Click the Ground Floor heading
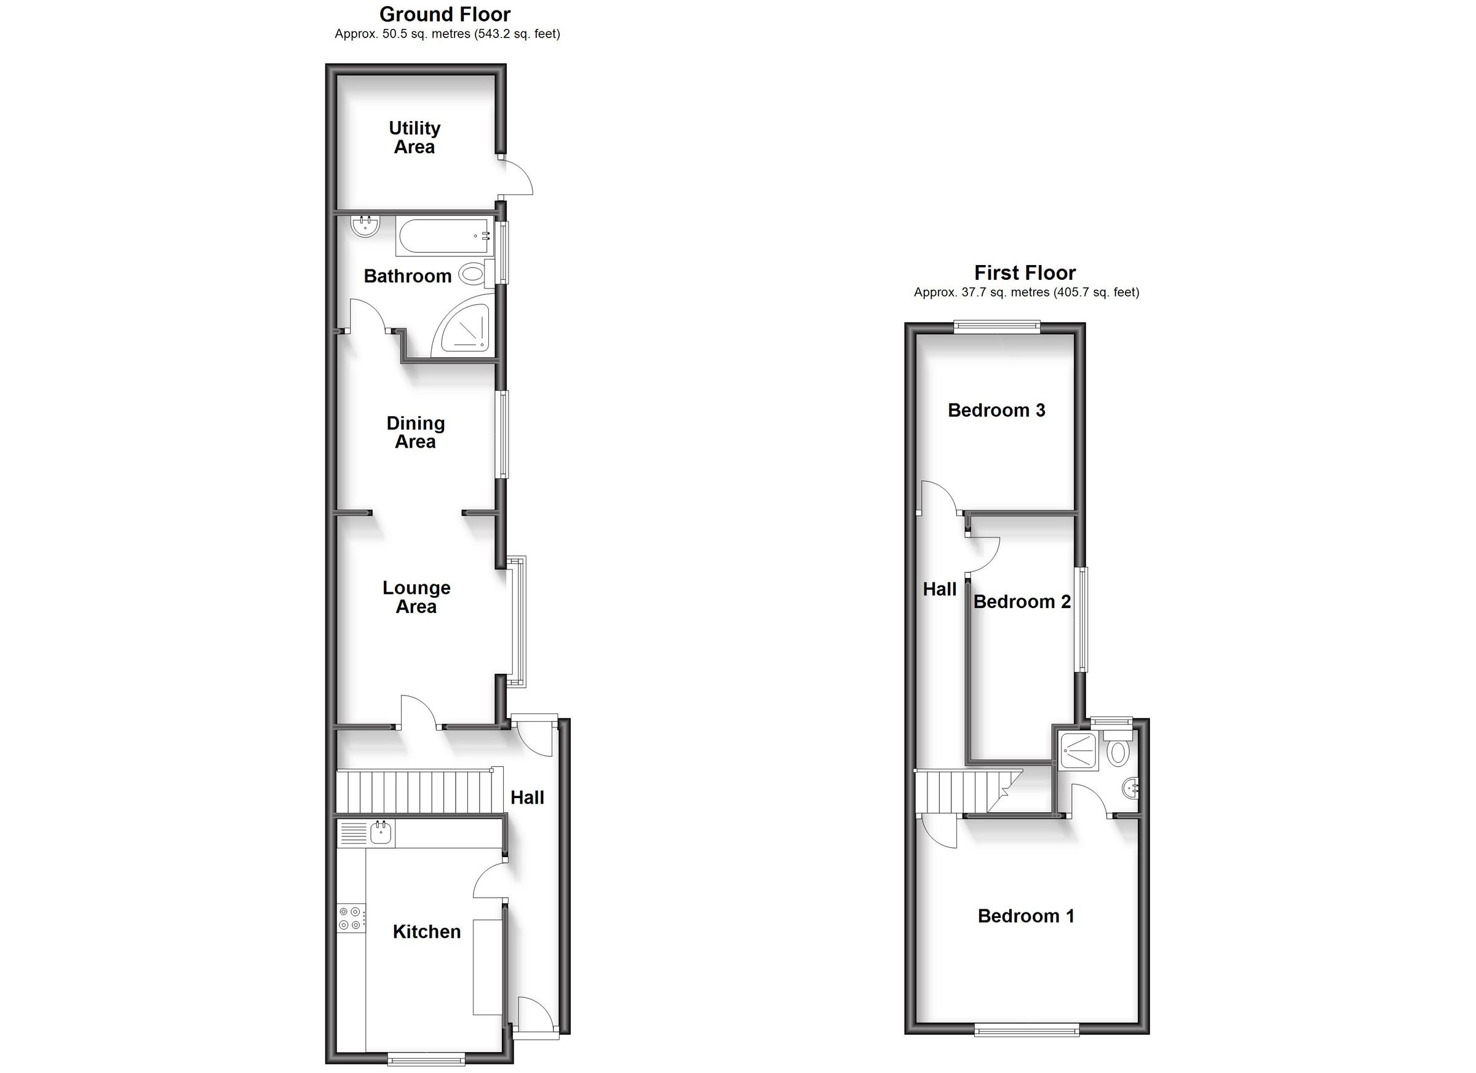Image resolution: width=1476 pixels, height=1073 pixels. (445, 14)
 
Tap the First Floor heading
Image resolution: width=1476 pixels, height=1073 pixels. (1025, 272)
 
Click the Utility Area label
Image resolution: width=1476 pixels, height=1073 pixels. (415, 137)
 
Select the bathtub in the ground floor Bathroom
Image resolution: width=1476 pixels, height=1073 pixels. (443, 237)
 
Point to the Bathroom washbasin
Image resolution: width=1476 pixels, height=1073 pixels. (365, 226)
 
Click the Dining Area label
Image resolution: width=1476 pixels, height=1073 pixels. (415, 432)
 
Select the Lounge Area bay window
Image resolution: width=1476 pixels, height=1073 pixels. (517, 622)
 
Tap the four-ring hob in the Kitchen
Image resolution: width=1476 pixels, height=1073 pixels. (350, 918)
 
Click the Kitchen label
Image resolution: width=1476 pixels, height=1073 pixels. (426, 932)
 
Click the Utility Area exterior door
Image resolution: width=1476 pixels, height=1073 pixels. (515, 176)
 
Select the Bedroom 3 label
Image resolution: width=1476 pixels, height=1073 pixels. (996, 411)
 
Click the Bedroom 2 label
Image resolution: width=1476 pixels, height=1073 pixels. (1021, 602)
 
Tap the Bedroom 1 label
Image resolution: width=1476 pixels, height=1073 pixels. (1025, 916)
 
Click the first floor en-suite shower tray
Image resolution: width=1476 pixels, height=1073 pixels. (1078, 751)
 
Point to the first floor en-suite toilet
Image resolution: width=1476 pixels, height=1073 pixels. (1118, 750)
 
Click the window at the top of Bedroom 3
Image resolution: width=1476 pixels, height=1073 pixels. (997, 327)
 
